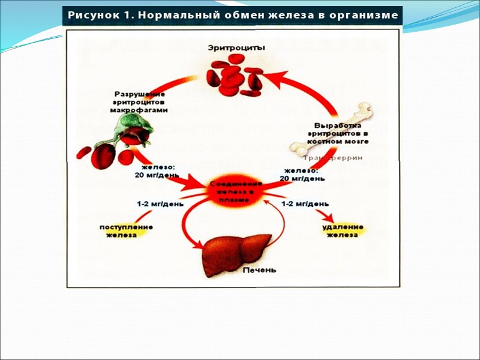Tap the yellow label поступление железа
tap(125, 231)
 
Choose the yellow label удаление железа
tap(342, 231)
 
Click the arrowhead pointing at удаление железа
tap(328, 217)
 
